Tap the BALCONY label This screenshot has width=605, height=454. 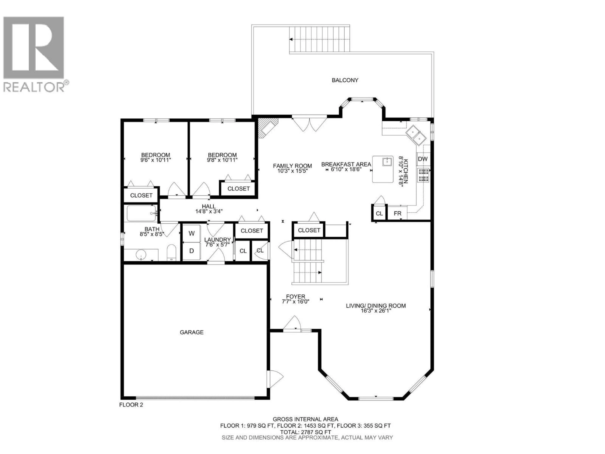click(x=345, y=80)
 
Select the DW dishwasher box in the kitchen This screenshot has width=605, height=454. click(x=423, y=159)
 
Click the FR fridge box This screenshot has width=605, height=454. click(x=397, y=213)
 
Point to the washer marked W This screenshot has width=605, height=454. click(x=191, y=233)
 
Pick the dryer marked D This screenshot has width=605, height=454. click(x=191, y=251)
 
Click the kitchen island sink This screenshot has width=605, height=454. click(x=387, y=161)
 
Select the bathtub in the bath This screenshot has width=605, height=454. click(x=141, y=213)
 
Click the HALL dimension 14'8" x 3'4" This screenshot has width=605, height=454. click(x=209, y=211)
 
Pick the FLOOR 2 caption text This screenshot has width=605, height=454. click(x=131, y=405)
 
